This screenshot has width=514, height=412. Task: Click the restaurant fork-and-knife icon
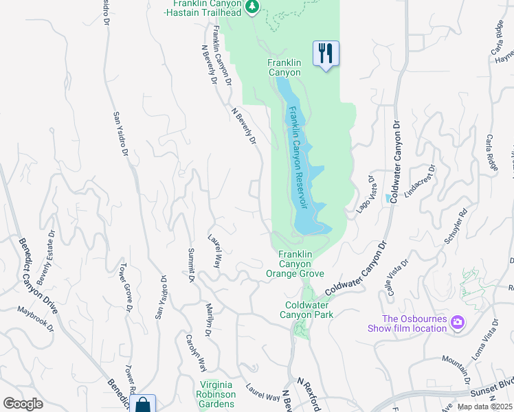pos(326,53)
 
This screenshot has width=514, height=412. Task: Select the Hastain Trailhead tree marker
pos(253,6)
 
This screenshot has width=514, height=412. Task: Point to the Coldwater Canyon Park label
pos(309,310)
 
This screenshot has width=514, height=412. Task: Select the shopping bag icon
pos(142,405)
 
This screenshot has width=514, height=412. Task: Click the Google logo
pos(23,404)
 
